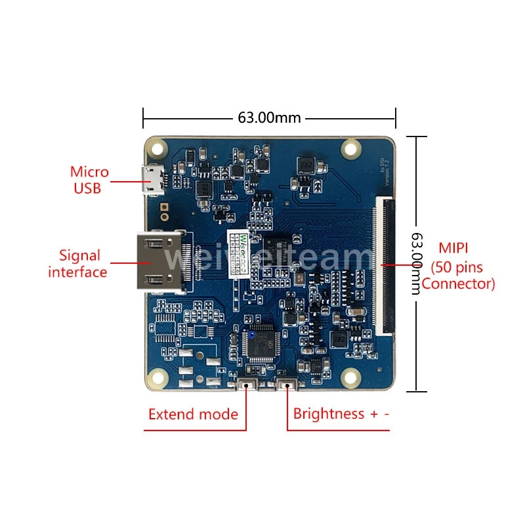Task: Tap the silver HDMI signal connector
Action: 158,261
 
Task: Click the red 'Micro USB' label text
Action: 89,180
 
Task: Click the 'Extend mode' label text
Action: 193,414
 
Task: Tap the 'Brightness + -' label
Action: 341,414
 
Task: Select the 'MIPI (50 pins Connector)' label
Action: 458,266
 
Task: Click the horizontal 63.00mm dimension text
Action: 269,118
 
